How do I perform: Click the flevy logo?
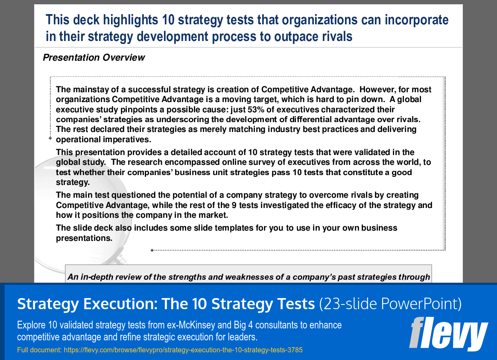tap(448, 334)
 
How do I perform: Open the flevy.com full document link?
tap(183, 350)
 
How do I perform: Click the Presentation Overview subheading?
tap(94, 58)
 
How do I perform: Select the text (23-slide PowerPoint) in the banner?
tap(390, 304)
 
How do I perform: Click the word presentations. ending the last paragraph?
tap(84, 238)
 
